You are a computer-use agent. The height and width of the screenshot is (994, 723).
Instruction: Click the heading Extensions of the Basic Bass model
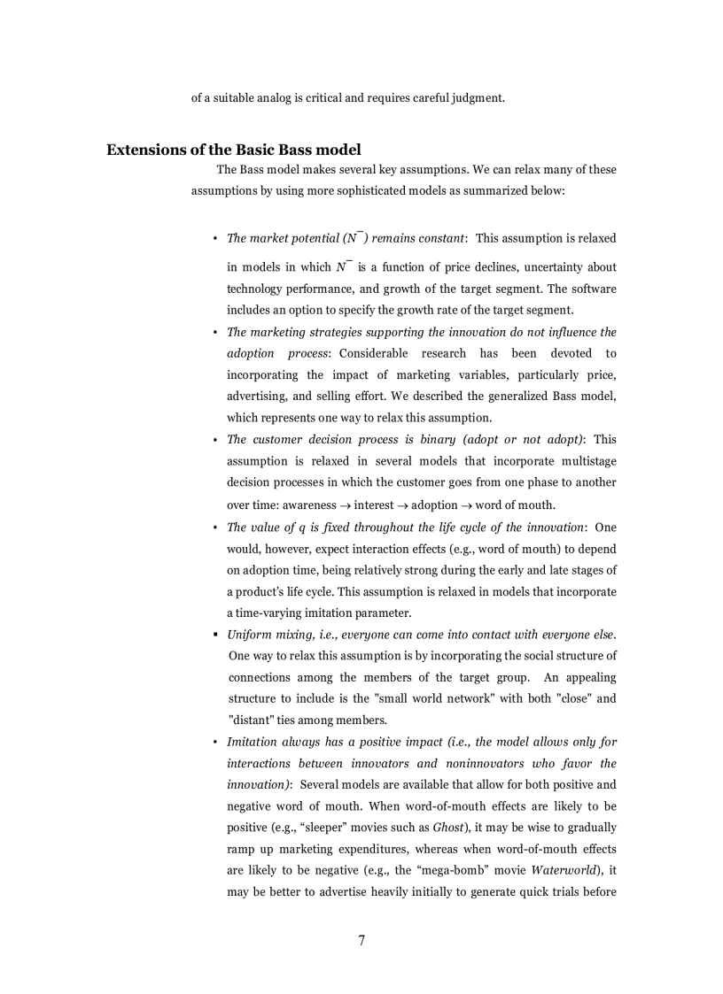(x=233, y=150)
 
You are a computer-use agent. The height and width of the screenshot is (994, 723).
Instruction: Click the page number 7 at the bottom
(x=361, y=940)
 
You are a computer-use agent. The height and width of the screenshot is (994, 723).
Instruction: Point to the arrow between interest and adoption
(x=402, y=505)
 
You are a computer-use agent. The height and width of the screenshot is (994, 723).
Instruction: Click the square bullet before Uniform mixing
(x=215, y=636)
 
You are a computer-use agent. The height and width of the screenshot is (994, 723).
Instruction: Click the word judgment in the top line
(x=473, y=97)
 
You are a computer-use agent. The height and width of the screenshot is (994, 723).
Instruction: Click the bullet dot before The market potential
(x=215, y=239)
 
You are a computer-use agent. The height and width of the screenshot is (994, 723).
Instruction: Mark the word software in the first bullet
(x=595, y=289)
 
